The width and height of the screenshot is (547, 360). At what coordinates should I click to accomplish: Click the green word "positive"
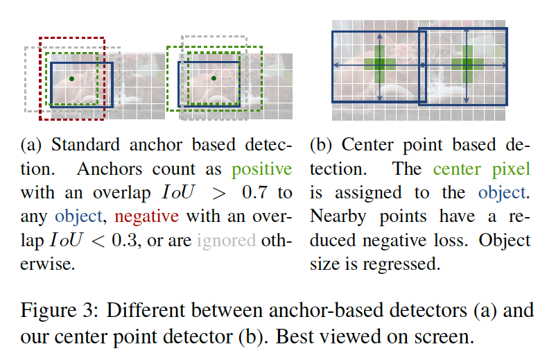point(261,170)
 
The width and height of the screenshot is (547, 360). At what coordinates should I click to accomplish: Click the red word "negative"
point(146,217)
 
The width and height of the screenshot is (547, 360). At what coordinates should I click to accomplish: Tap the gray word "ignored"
point(226,241)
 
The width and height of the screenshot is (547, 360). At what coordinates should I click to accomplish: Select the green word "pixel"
point(511,169)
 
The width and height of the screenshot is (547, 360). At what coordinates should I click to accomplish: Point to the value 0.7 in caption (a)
point(255,193)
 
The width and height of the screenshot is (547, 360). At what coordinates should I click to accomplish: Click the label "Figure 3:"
point(60,311)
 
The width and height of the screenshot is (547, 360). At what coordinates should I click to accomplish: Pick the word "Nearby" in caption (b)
point(338,217)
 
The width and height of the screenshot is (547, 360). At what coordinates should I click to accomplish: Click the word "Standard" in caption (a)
point(85,145)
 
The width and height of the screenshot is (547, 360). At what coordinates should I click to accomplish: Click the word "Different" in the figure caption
point(146,311)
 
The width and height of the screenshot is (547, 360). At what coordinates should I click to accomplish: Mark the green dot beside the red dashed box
point(71,79)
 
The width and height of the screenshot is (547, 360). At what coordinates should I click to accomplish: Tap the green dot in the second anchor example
point(214,78)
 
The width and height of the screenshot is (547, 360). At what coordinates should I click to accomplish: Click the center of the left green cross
point(379,65)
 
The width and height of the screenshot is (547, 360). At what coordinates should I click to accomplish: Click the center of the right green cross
point(467,65)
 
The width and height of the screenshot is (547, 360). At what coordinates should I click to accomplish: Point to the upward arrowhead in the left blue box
point(379,35)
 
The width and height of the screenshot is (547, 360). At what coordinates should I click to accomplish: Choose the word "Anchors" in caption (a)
point(110,169)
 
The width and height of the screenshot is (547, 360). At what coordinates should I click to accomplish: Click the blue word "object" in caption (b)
point(502,193)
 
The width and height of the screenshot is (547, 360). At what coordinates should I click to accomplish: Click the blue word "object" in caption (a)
point(79,217)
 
